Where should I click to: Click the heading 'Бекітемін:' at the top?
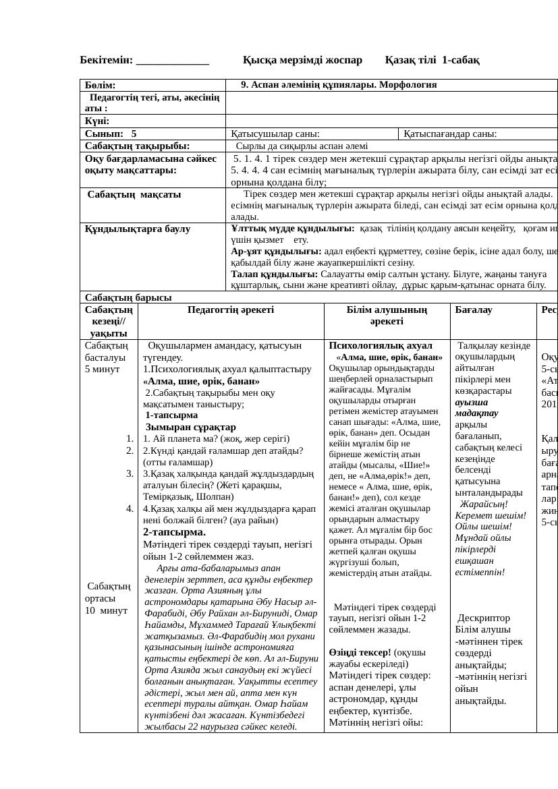click(107, 60)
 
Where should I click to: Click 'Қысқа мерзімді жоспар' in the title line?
click(302, 60)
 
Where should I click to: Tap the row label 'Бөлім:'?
click(101, 86)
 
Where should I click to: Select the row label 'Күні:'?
click(97, 121)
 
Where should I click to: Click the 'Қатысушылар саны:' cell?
click(275, 134)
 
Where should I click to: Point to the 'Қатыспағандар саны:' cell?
click(451, 134)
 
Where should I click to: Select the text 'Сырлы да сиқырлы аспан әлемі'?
click(302, 146)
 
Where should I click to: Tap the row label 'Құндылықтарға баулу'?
click(138, 229)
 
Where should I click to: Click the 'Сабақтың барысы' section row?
click(128, 297)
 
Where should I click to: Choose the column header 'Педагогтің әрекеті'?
click(231, 310)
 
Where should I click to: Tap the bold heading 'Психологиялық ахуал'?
click(381, 345)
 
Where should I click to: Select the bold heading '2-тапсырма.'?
click(174, 532)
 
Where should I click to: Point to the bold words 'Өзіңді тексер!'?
click(360, 652)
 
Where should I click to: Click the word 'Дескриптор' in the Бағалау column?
click(484, 618)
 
